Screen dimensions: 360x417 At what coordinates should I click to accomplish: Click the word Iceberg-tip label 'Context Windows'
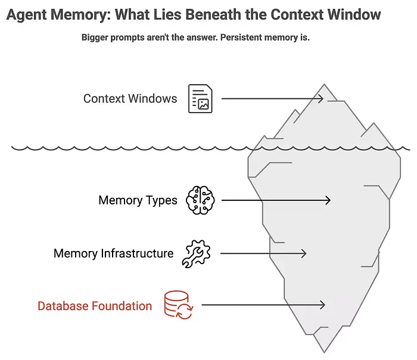(130, 98)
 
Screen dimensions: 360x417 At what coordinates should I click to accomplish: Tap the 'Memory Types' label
(138, 200)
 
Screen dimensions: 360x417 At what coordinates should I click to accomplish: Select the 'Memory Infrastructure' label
(113, 253)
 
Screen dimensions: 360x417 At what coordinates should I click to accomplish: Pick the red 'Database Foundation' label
(95, 306)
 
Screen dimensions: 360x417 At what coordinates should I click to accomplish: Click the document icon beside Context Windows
(200, 98)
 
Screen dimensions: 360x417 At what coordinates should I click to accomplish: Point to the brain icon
(199, 200)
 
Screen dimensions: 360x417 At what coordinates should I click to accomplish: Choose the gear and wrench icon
(196, 253)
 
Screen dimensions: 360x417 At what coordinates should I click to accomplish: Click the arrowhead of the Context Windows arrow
(320, 98)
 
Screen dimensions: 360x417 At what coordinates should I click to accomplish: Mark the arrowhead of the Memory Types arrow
(328, 201)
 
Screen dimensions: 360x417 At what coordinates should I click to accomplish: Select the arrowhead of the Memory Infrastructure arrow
(303, 253)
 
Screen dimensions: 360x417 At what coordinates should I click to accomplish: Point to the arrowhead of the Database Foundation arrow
(322, 305)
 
